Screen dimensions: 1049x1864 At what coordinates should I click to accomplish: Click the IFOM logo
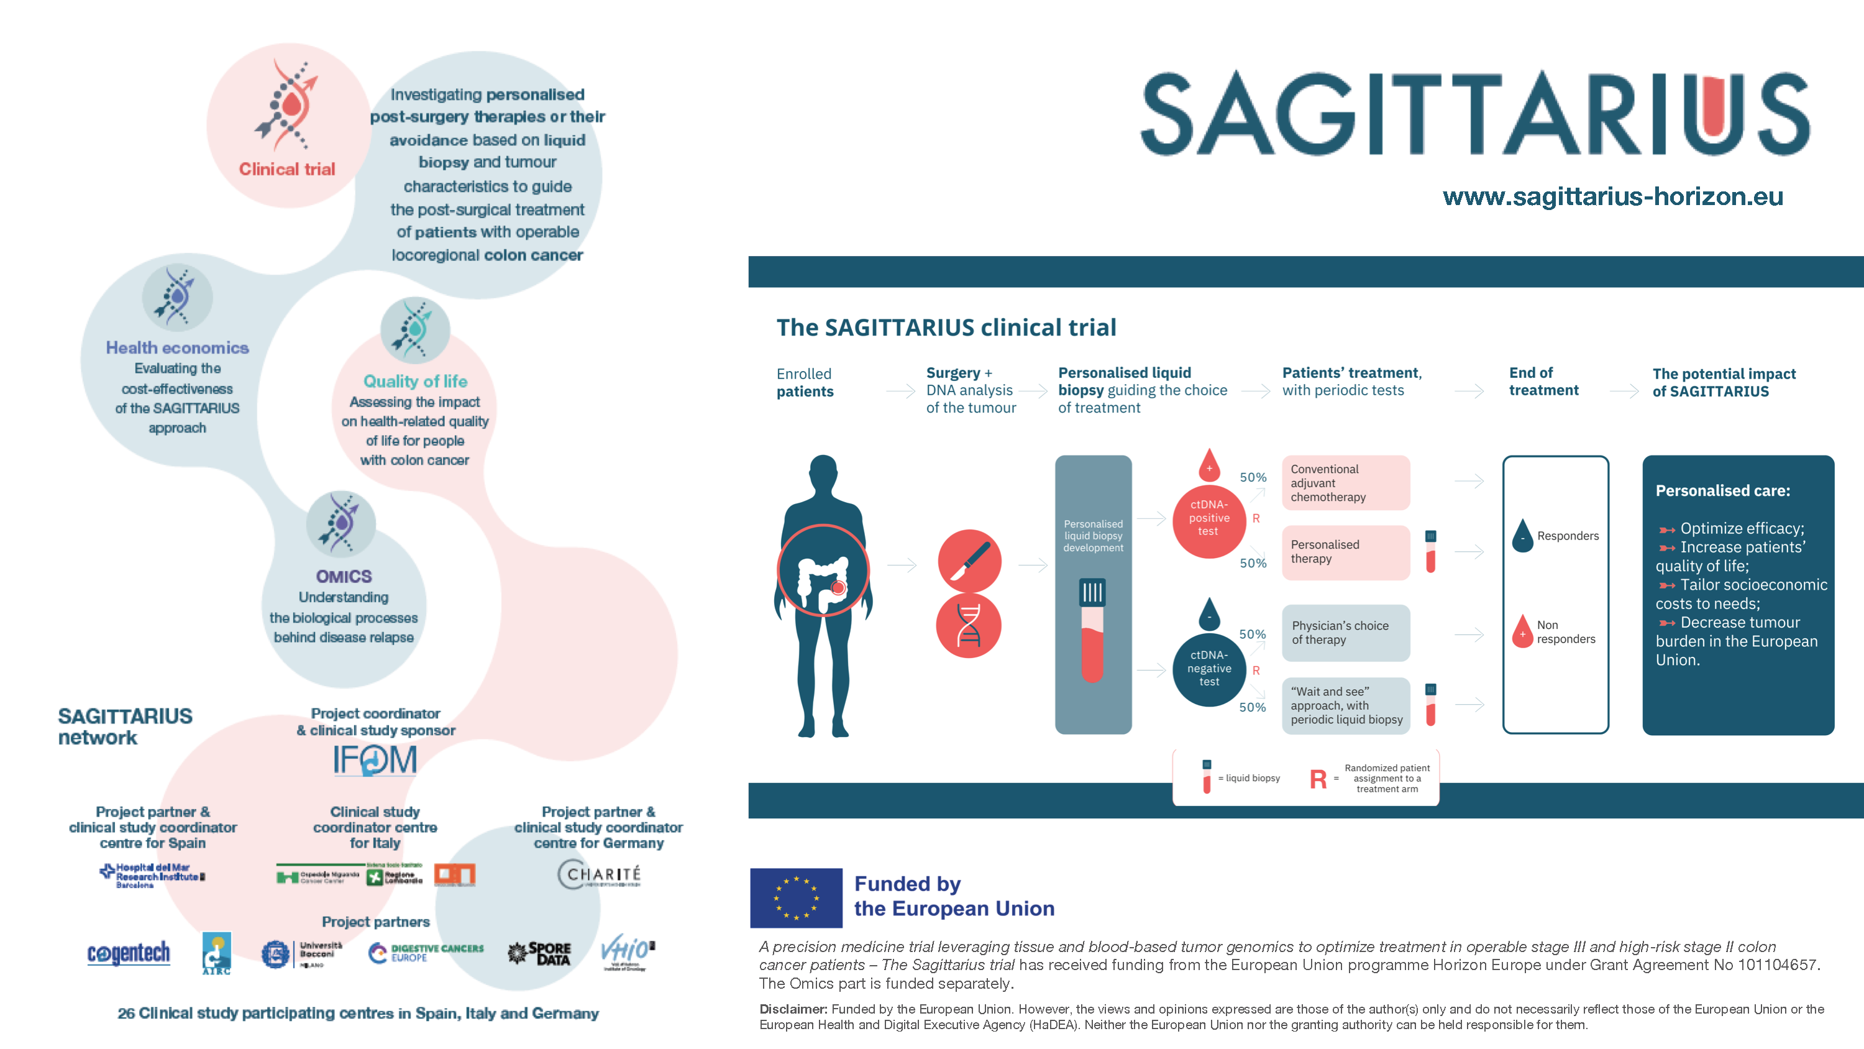tap(375, 759)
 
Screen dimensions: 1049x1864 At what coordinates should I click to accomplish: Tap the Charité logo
tap(599, 874)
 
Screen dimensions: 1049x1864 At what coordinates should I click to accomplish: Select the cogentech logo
tap(129, 953)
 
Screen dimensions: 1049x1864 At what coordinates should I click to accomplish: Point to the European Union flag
tap(796, 898)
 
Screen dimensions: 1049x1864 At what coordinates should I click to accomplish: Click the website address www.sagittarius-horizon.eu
tap(1612, 196)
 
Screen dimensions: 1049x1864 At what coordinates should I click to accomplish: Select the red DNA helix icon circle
tap(968, 626)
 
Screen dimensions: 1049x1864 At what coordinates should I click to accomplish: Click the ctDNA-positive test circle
tap(1208, 518)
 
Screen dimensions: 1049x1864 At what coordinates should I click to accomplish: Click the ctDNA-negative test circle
tap(1208, 668)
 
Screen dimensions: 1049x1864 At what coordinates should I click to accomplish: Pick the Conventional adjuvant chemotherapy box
tap(1345, 483)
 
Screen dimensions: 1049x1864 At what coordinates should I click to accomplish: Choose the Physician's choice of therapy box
tap(1345, 633)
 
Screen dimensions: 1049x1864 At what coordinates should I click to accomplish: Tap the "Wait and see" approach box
tap(1345, 705)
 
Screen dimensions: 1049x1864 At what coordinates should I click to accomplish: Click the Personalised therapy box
tap(1345, 552)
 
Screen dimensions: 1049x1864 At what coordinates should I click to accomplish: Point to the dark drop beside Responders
tap(1522, 537)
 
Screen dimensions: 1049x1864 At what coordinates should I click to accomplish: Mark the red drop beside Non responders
tap(1522, 632)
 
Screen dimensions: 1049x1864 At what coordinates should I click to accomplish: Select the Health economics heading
tap(177, 347)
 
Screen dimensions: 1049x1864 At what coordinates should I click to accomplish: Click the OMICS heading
tap(344, 576)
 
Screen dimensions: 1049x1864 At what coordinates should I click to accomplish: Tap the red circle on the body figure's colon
tap(838, 588)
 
